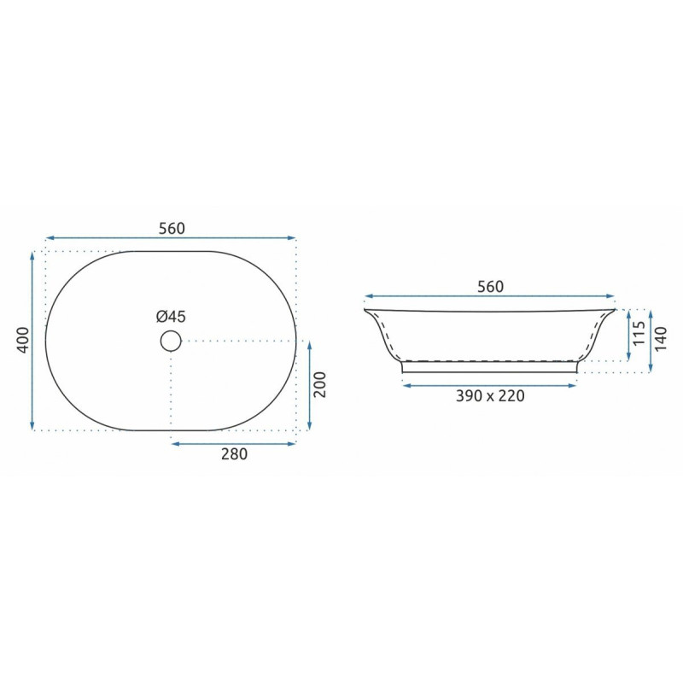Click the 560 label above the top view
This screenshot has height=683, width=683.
point(172,228)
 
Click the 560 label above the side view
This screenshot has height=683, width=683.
point(490,287)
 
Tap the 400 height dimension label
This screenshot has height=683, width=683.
point(23,340)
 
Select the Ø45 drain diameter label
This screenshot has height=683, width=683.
point(172,317)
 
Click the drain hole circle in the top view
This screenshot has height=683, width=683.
point(171,341)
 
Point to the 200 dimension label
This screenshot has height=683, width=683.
point(319,384)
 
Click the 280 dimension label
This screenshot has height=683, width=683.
point(234,454)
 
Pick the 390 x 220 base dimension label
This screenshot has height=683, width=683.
point(490,396)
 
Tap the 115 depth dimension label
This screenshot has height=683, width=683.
point(639,333)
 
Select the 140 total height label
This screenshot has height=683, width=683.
point(660,339)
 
